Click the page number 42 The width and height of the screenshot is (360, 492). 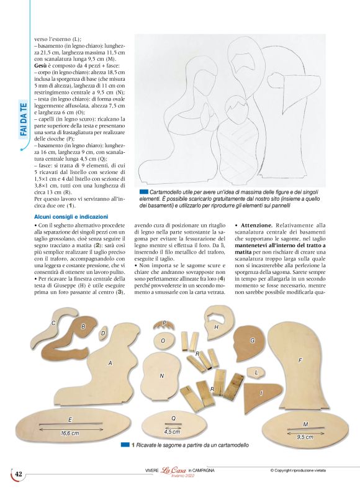point(19,474)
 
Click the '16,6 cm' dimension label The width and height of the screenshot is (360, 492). point(69,432)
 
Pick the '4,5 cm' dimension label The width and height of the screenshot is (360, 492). point(172,431)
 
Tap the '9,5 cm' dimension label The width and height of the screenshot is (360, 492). point(304,437)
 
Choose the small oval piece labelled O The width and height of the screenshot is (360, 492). point(163,341)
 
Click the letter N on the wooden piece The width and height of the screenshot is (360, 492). point(161,376)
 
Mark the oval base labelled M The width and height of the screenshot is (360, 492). point(304,426)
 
